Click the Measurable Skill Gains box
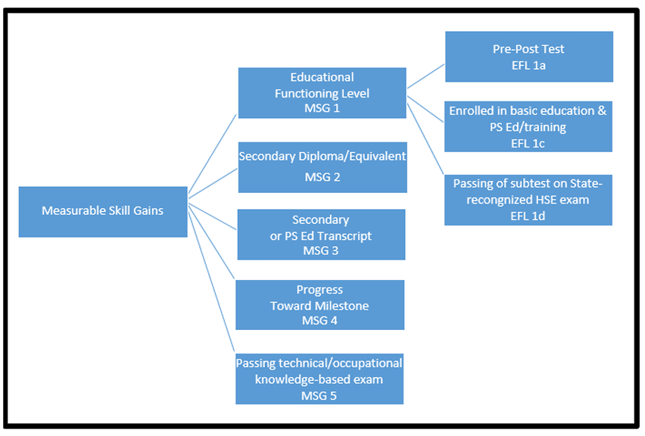tap(103, 211)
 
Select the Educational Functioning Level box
tap(322, 92)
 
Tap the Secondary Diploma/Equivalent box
tap(322, 167)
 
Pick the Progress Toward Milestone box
tap(319, 304)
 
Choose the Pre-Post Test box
tap(528, 57)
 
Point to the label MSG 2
tap(322, 177)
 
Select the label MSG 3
tap(321, 250)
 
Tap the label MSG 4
tap(319, 320)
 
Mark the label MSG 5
tap(318, 394)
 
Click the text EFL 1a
tap(528, 65)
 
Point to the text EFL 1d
tap(528, 215)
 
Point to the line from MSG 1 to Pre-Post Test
tap(425, 76)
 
